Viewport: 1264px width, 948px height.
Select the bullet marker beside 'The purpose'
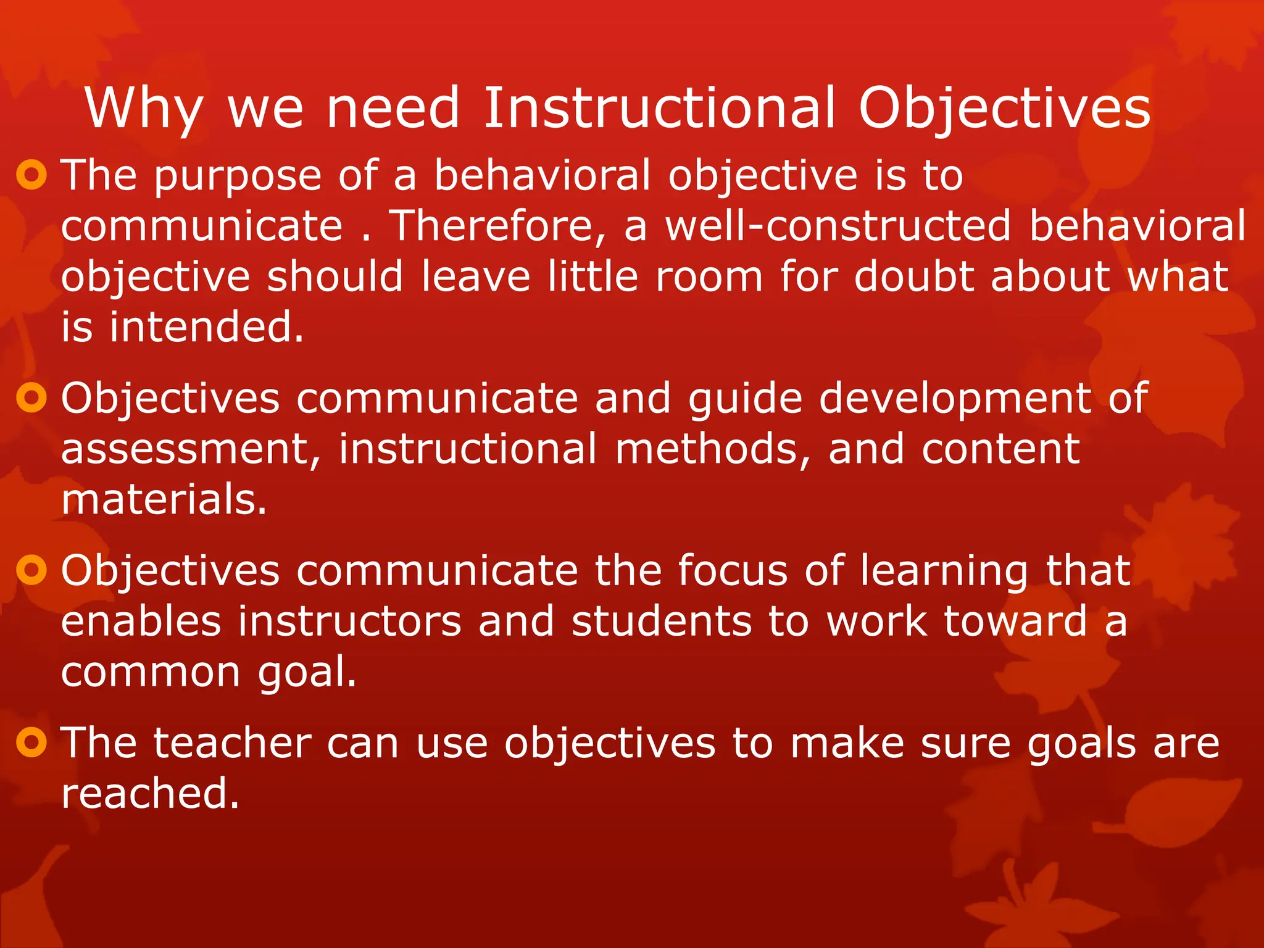pos(31,175)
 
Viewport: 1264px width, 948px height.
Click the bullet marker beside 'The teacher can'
pos(31,742)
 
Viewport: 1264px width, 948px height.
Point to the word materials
pos(164,499)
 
